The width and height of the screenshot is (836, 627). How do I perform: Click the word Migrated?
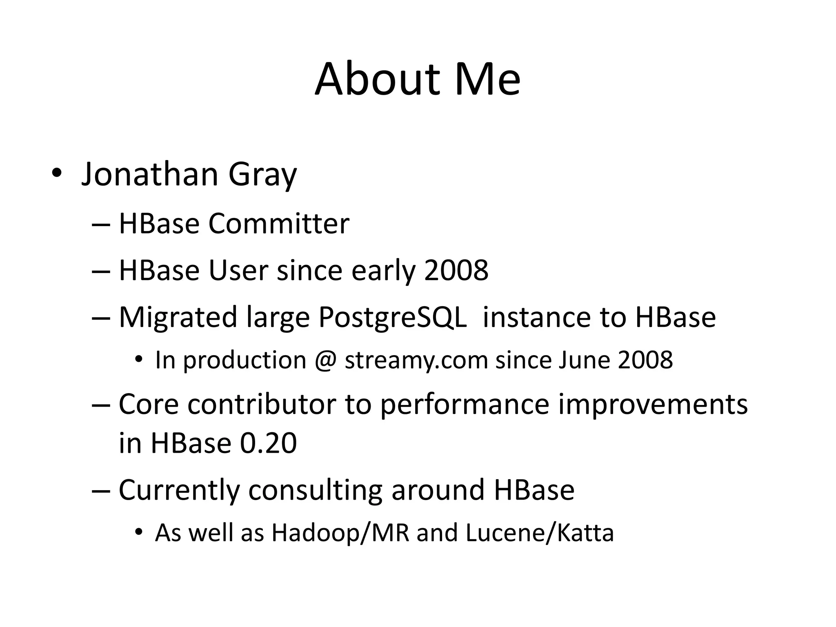pyautogui.click(x=178, y=318)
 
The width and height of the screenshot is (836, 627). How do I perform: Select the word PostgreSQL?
pyautogui.click(x=392, y=318)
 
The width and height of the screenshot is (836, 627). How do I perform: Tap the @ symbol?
pyautogui.click(x=325, y=360)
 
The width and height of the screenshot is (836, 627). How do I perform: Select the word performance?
pyautogui.click(x=465, y=405)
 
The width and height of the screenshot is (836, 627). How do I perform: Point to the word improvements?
pyautogui.click(x=652, y=405)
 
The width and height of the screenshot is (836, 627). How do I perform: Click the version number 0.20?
pyautogui.click(x=268, y=443)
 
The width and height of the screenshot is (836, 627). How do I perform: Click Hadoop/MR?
pyautogui.click(x=340, y=533)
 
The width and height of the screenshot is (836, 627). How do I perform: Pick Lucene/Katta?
pyautogui.click(x=539, y=533)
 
